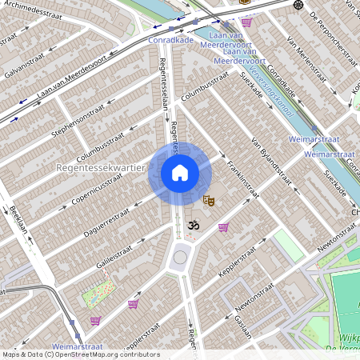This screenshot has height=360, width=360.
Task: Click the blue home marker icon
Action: click(180, 173)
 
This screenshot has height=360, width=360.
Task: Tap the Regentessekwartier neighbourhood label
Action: click(100, 169)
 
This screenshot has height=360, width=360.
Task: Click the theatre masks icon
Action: click(209, 202)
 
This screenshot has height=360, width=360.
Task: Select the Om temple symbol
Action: click(192, 227)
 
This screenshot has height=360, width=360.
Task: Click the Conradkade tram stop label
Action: click(170, 38)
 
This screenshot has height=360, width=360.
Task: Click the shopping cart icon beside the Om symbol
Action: click(223, 227)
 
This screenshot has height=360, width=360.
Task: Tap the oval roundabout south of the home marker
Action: click(180, 258)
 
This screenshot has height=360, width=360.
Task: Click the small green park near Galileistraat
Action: click(97, 294)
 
